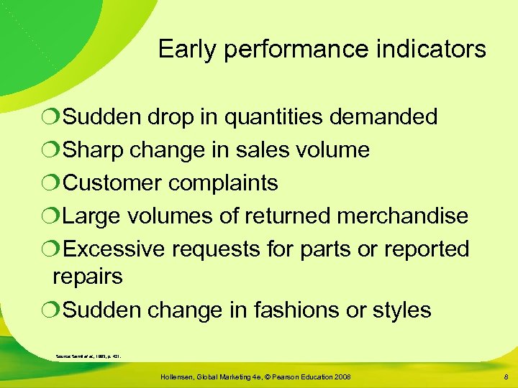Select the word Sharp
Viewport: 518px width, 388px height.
(89, 150)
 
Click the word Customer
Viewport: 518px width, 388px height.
(113, 183)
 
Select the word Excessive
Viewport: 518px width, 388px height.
(114, 249)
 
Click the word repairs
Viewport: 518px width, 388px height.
(88, 277)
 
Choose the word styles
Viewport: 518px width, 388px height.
(402, 310)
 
